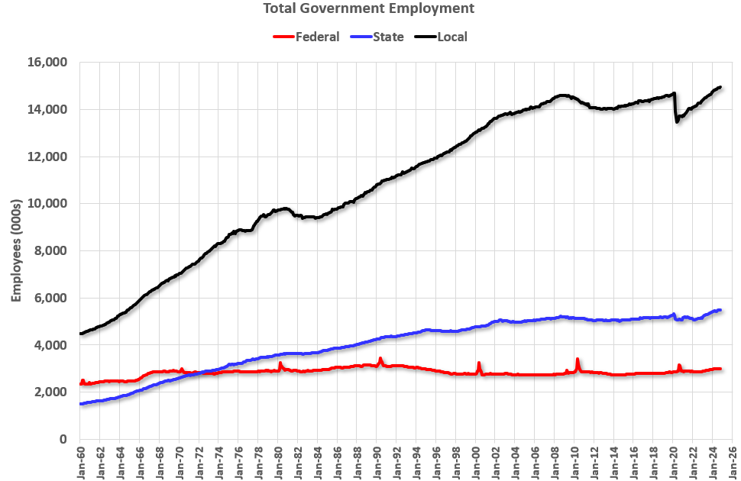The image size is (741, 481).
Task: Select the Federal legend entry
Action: point(317,37)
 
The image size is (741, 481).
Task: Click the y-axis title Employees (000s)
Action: point(16,251)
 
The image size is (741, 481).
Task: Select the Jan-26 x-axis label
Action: point(732,460)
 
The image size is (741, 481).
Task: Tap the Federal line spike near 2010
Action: point(578,359)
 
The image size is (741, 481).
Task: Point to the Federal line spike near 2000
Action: point(479,363)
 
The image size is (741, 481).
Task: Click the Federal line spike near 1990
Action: point(380,359)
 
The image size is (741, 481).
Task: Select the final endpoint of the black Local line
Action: point(720,87)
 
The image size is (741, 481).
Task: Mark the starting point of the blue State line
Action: point(81,404)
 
